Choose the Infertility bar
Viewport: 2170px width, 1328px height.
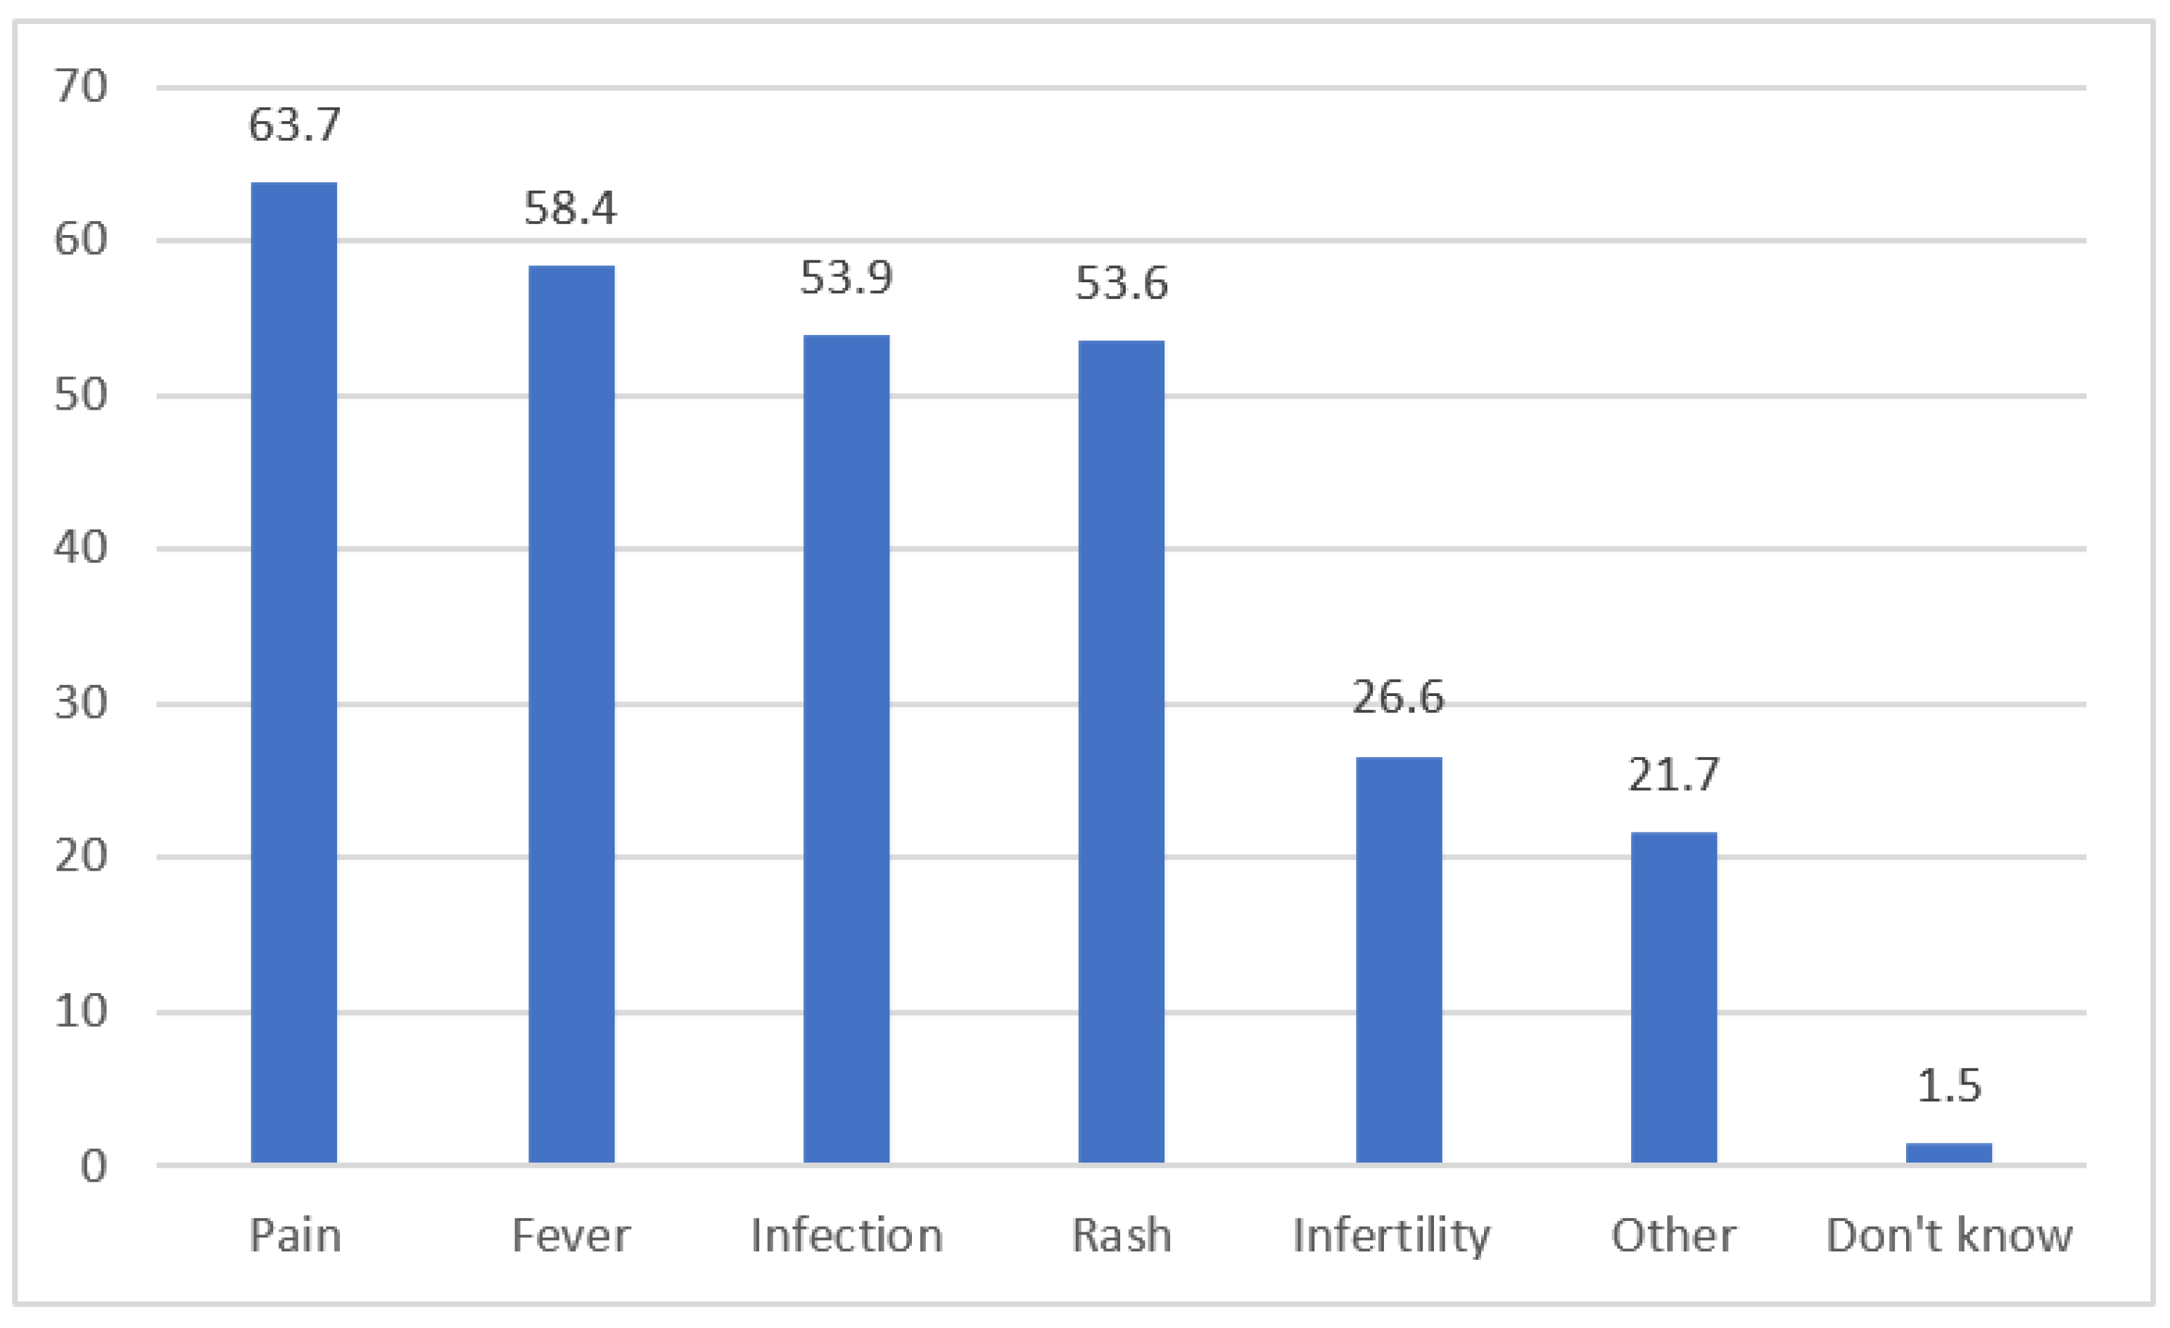click(x=1399, y=960)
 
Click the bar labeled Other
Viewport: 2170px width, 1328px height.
click(x=1673, y=997)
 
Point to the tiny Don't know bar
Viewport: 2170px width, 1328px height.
click(x=1949, y=1153)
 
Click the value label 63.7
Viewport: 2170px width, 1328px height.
click(x=293, y=124)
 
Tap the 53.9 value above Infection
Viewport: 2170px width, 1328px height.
click(x=846, y=278)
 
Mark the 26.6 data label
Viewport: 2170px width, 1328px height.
click(x=1399, y=697)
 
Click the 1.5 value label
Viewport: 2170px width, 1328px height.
click(x=1949, y=1086)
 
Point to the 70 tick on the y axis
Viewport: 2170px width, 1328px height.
click(x=81, y=87)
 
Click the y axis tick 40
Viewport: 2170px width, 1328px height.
click(x=81, y=548)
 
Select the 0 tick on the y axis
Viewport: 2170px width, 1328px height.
click(x=94, y=1167)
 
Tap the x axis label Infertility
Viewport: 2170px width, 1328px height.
click(x=1392, y=1237)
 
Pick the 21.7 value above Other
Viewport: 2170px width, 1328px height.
click(x=1673, y=775)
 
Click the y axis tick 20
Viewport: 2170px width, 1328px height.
click(x=81, y=856)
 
